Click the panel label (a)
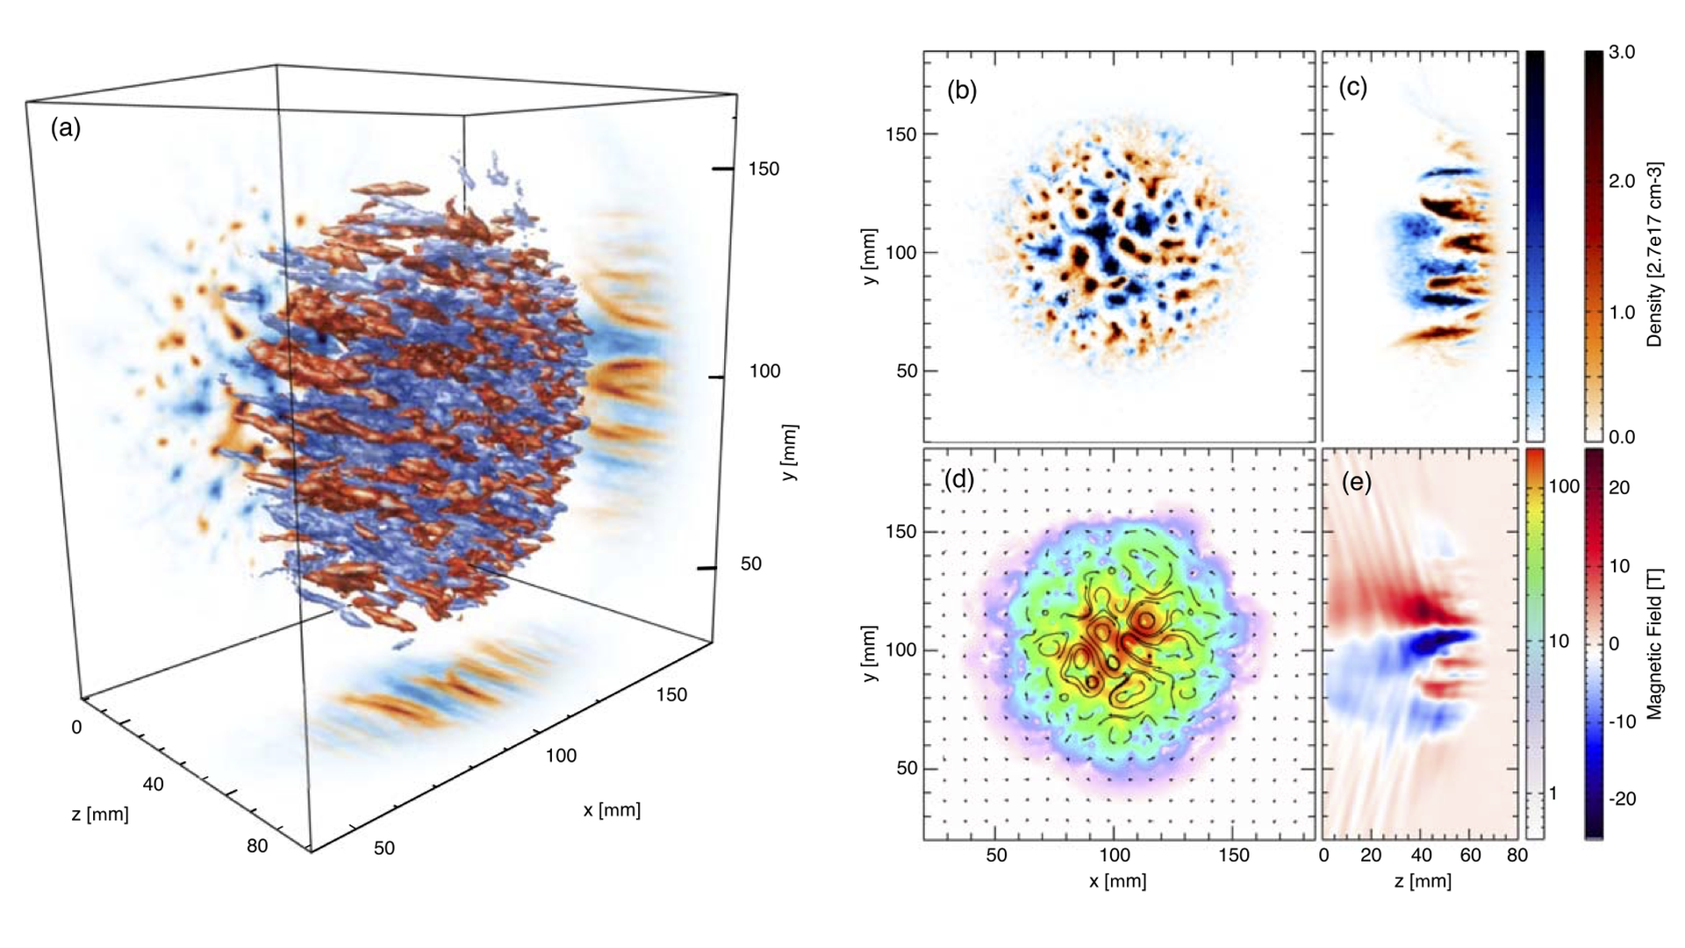coord(66,128)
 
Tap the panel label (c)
coord(1353,87)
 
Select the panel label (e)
coord(1357,483)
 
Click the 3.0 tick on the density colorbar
coord(1622,52)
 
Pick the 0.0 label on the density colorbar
coord(1622,437)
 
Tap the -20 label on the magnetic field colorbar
coord(1622,799)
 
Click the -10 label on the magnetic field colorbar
coord(1622,722)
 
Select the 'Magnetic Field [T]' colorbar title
coord(1655,643)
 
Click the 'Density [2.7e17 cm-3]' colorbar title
coord(1655,255)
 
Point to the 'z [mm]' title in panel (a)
coord(100,815)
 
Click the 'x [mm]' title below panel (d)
coord(1117,880)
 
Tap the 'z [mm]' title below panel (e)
coord(1423,880)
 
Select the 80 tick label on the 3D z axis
coord(257,846)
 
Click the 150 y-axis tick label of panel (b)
coord(900,134)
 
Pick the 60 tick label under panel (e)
coord(1470,855)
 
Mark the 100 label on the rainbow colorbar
coord(1564,486)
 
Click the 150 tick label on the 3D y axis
coord(764,169)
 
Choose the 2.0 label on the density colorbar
coord(1622,182)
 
